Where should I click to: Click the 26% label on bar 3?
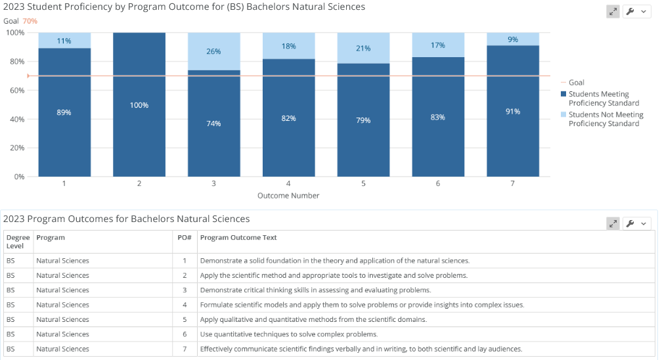pos(213,51)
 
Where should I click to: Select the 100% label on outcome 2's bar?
pos(139,105)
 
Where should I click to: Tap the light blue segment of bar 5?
pos(363,48)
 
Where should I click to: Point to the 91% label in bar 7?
pos(513,112)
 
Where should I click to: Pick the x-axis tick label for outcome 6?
pos(438,183)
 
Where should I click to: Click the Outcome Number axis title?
pos(288,196)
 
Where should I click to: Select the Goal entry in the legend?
pos(573,83)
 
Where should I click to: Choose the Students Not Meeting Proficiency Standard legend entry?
pos(602,119)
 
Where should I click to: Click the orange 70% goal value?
pos(30,21)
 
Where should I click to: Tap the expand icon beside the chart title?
pos(613,12)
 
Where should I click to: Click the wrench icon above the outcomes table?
pos(630,223)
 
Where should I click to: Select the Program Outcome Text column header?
pos(238,237)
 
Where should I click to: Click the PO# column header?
pos(185,237)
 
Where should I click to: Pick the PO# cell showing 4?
pos(185,305)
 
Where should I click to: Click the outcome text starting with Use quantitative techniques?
pos(289,334)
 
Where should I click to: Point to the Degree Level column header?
pos(18,242)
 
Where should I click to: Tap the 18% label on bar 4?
pos(289,47)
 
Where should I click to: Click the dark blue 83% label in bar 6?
pos(438,118)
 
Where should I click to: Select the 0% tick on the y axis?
pos(19,177)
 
